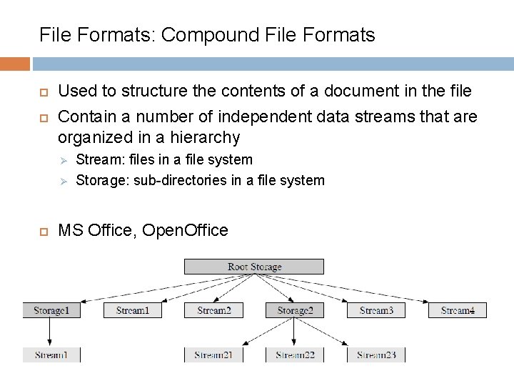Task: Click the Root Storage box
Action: [x=254, y=267]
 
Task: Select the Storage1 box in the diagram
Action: [x=51, y=310]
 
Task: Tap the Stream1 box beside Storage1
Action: [x=132, y=310]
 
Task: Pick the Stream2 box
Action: [x=213, y=310]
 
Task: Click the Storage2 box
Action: [x=295, y=310]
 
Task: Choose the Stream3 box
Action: [x=376, y=310]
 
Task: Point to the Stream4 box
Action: [x=458, y=310]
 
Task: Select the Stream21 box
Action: [x=213, y=355]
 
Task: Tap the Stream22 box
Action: [x=295, y=355]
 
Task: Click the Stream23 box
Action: [x=376, y=355]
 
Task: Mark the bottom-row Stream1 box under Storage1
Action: [x=51, y=355]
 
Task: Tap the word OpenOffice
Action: [x=185, y=230]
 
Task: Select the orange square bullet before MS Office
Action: [x=41, y=231]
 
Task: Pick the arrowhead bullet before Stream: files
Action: [x=62, y=160]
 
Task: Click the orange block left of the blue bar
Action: [x=15, y=64]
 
